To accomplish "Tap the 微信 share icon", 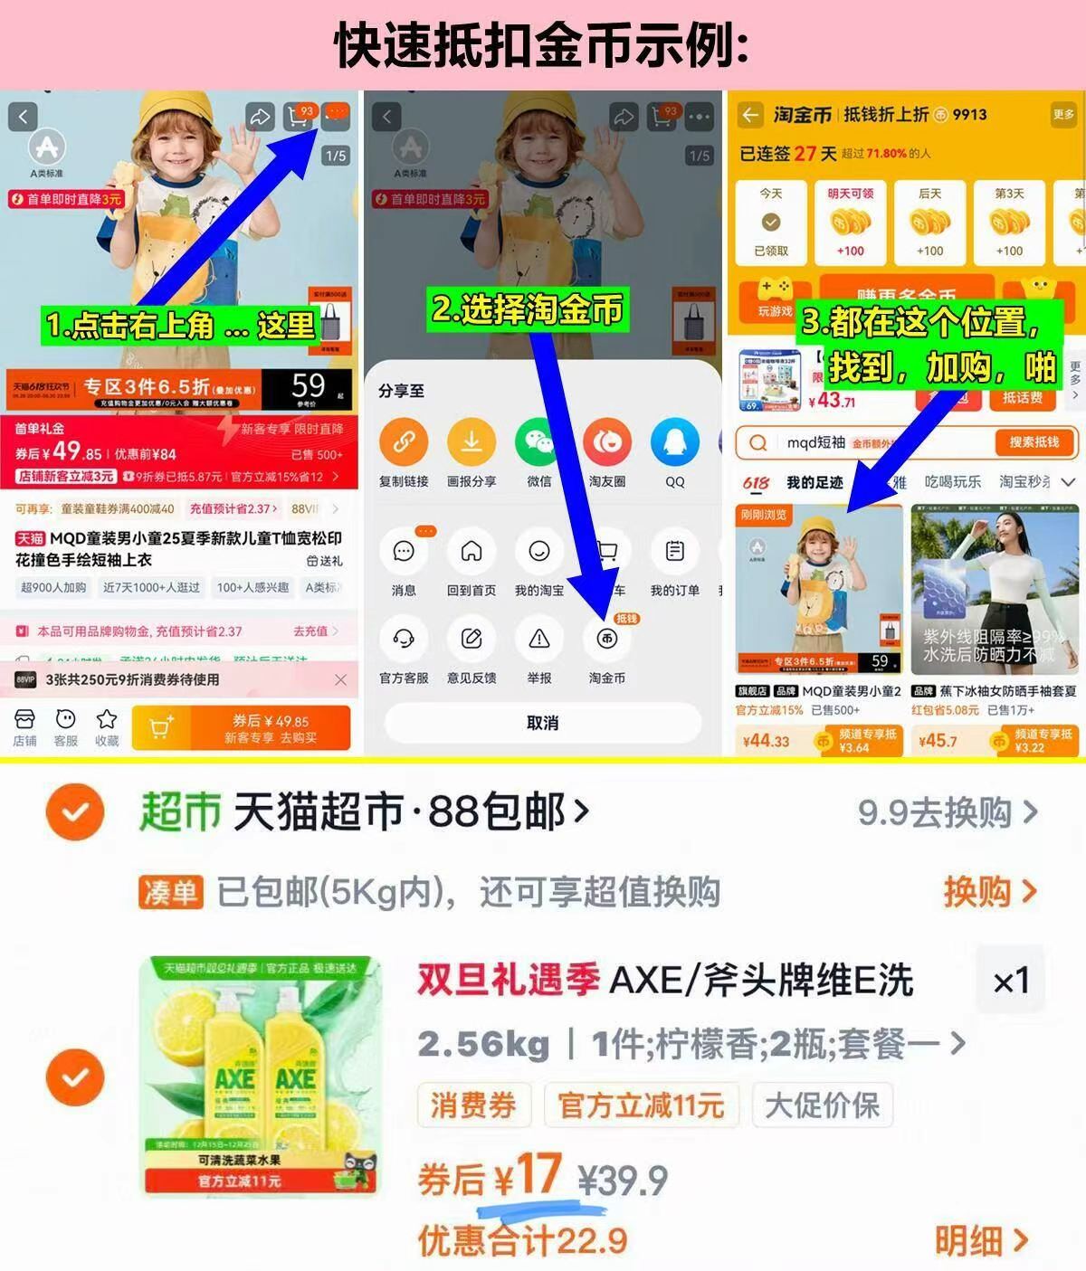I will click(539, 442).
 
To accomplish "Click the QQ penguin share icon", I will click(674, 442).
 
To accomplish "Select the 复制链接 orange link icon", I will click(404, 442).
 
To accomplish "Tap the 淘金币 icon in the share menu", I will click(606, 640).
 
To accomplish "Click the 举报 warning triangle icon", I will click(539, 640).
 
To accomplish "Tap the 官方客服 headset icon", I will click(404, 640).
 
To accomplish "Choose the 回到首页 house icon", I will click(472, 552).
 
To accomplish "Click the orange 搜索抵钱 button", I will click(1034, 442).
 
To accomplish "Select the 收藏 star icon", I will click(107, 720).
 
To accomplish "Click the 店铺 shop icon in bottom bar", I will click(24, 720).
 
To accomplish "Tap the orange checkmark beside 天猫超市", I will click(75, 812).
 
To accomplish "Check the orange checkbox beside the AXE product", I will click(75, 1077).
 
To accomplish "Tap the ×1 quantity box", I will click(1010, 981).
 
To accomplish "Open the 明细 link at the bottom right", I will click(981, 1240).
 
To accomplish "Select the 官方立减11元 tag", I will click(641, 1105).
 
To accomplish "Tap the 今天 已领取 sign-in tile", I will click(771, 223).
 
